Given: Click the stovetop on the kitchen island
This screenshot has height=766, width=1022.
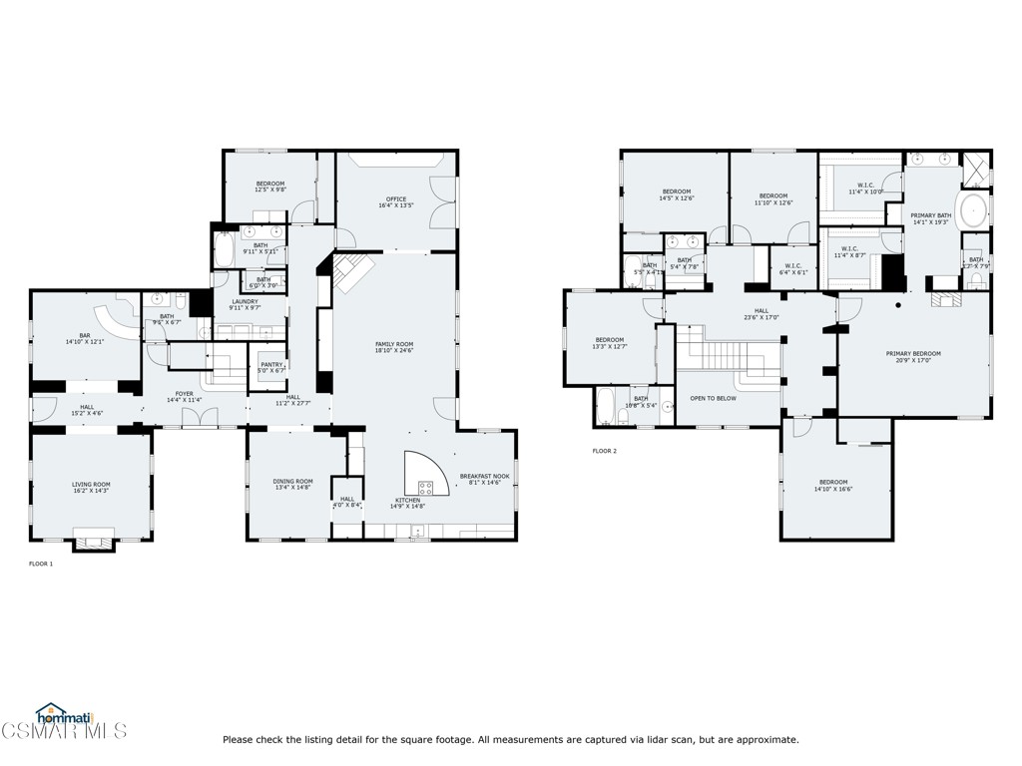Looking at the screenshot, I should pyautogui.click(x=426, y=488).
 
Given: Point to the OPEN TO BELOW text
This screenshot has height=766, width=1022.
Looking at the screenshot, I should pyautogui.click(x=714, y=398).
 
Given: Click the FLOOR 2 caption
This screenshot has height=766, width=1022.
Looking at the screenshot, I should pyautogui.click(x=605, y=451).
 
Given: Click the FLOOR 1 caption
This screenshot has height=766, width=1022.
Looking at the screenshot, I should pyautogui.click(x=41, y=564).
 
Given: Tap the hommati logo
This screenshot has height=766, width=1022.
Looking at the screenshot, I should pyautogui.click(x=57, y=715).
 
